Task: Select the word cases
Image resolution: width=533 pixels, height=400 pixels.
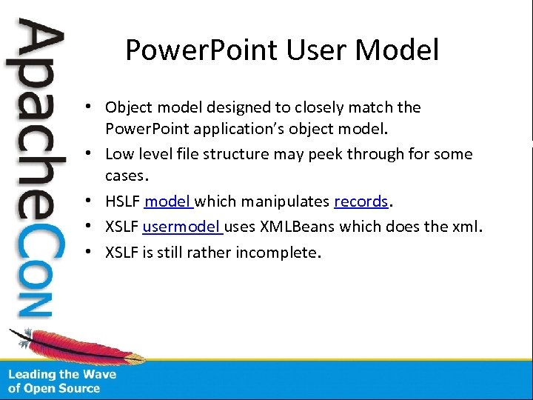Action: pos(127,177)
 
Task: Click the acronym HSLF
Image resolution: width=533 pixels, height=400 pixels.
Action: pos(123,201)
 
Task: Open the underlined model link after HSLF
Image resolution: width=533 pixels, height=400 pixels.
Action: pos(168,201)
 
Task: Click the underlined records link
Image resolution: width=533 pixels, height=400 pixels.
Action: pos(361,201)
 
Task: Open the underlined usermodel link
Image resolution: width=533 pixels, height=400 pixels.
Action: pos(182,227)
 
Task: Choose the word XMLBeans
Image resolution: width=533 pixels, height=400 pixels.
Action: pos(300,227)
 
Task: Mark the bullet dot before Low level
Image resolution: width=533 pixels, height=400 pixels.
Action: pos(87,154)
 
